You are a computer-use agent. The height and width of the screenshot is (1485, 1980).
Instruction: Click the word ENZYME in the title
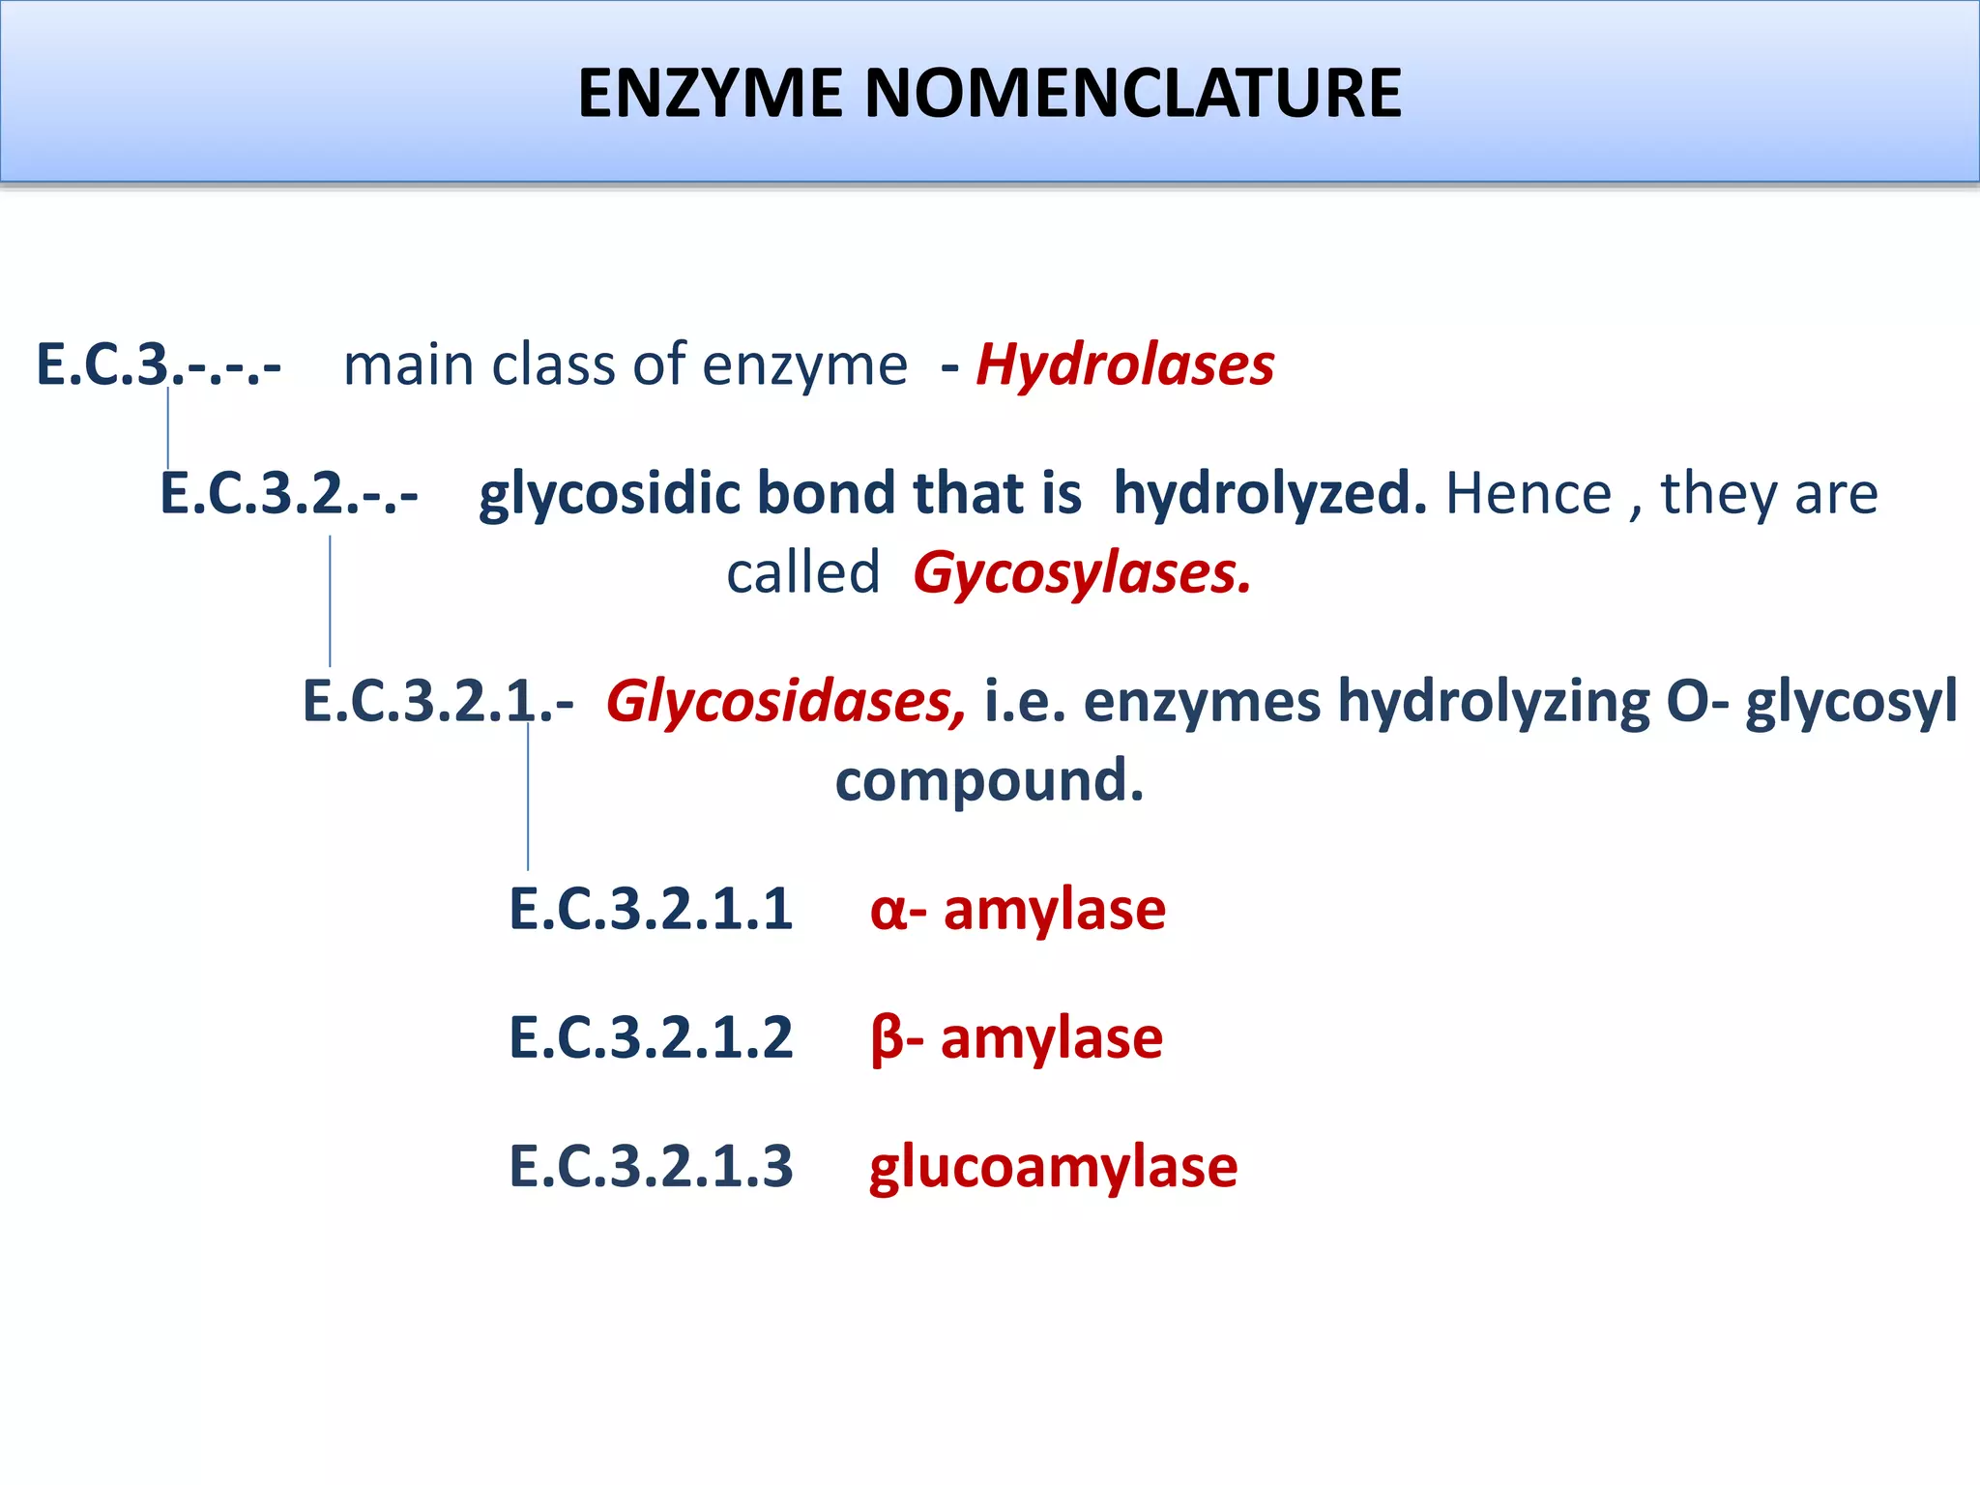coord(710,94)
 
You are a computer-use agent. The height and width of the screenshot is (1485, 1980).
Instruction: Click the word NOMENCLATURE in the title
coord(1132,94)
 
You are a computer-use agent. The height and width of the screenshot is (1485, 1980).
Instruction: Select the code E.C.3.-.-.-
coord(159,365)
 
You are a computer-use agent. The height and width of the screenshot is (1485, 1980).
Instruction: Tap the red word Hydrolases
coord(1125,365)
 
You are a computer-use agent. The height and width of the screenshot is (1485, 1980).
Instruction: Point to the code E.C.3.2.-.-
coord(289,494)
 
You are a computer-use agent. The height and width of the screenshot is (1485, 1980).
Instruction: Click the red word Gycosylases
coord(1082,573)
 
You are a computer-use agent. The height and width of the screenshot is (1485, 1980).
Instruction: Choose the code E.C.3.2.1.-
coord(438,701)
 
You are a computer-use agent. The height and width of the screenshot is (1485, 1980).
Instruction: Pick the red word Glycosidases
coord(785,701)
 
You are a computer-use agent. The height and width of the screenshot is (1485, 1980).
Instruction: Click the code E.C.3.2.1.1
coord(651,910)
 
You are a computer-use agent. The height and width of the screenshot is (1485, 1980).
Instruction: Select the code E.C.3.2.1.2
coord(651,1038)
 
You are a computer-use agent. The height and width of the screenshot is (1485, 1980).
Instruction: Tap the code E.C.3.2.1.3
coord(651,1166)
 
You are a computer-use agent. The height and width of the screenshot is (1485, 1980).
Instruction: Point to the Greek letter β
coord(886,1040)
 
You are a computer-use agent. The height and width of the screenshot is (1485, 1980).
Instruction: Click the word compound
coord(989,781)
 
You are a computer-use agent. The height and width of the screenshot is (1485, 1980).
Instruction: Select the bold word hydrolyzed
coord(1269,494)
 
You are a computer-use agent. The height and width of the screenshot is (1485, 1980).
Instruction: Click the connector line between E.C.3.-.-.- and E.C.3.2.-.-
coord(168,428)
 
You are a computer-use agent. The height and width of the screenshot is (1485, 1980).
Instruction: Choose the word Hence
coord(1529,494)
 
